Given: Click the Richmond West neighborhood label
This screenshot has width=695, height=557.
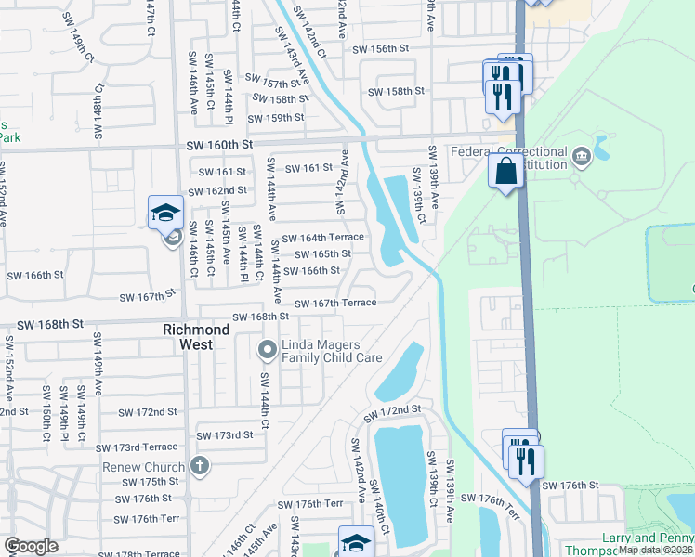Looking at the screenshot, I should pos(195,337).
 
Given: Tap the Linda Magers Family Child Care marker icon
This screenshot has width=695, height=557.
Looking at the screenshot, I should pos(267,350).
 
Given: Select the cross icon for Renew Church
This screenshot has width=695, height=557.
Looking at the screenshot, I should pos(198,465).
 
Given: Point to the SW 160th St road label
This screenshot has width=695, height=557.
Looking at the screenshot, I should pos(219,145).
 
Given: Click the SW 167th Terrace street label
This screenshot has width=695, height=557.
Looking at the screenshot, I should pos(335,304).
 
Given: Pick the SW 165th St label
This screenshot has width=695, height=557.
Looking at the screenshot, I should pos(323,254).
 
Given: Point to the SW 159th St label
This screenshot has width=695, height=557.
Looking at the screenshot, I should pos(276,118).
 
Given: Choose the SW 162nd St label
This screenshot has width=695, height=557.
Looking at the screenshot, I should pos(217,191).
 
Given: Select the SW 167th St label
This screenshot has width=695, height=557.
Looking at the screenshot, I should pos(148,297).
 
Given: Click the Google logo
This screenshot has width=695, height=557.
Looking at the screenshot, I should pos(31,546).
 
